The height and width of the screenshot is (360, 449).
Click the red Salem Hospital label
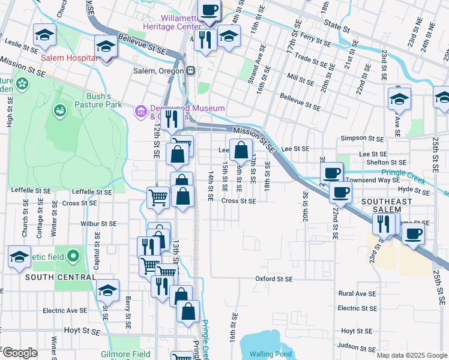69,58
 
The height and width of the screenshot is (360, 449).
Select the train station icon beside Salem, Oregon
191,70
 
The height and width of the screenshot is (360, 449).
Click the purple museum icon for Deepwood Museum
141,110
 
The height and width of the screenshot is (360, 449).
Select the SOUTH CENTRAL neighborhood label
60,277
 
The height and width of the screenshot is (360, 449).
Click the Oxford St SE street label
274,279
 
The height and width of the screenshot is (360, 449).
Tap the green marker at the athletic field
73,257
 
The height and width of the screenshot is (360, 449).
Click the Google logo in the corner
20,353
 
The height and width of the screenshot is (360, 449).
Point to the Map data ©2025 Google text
412,355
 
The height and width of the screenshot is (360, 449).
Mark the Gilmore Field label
125,354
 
